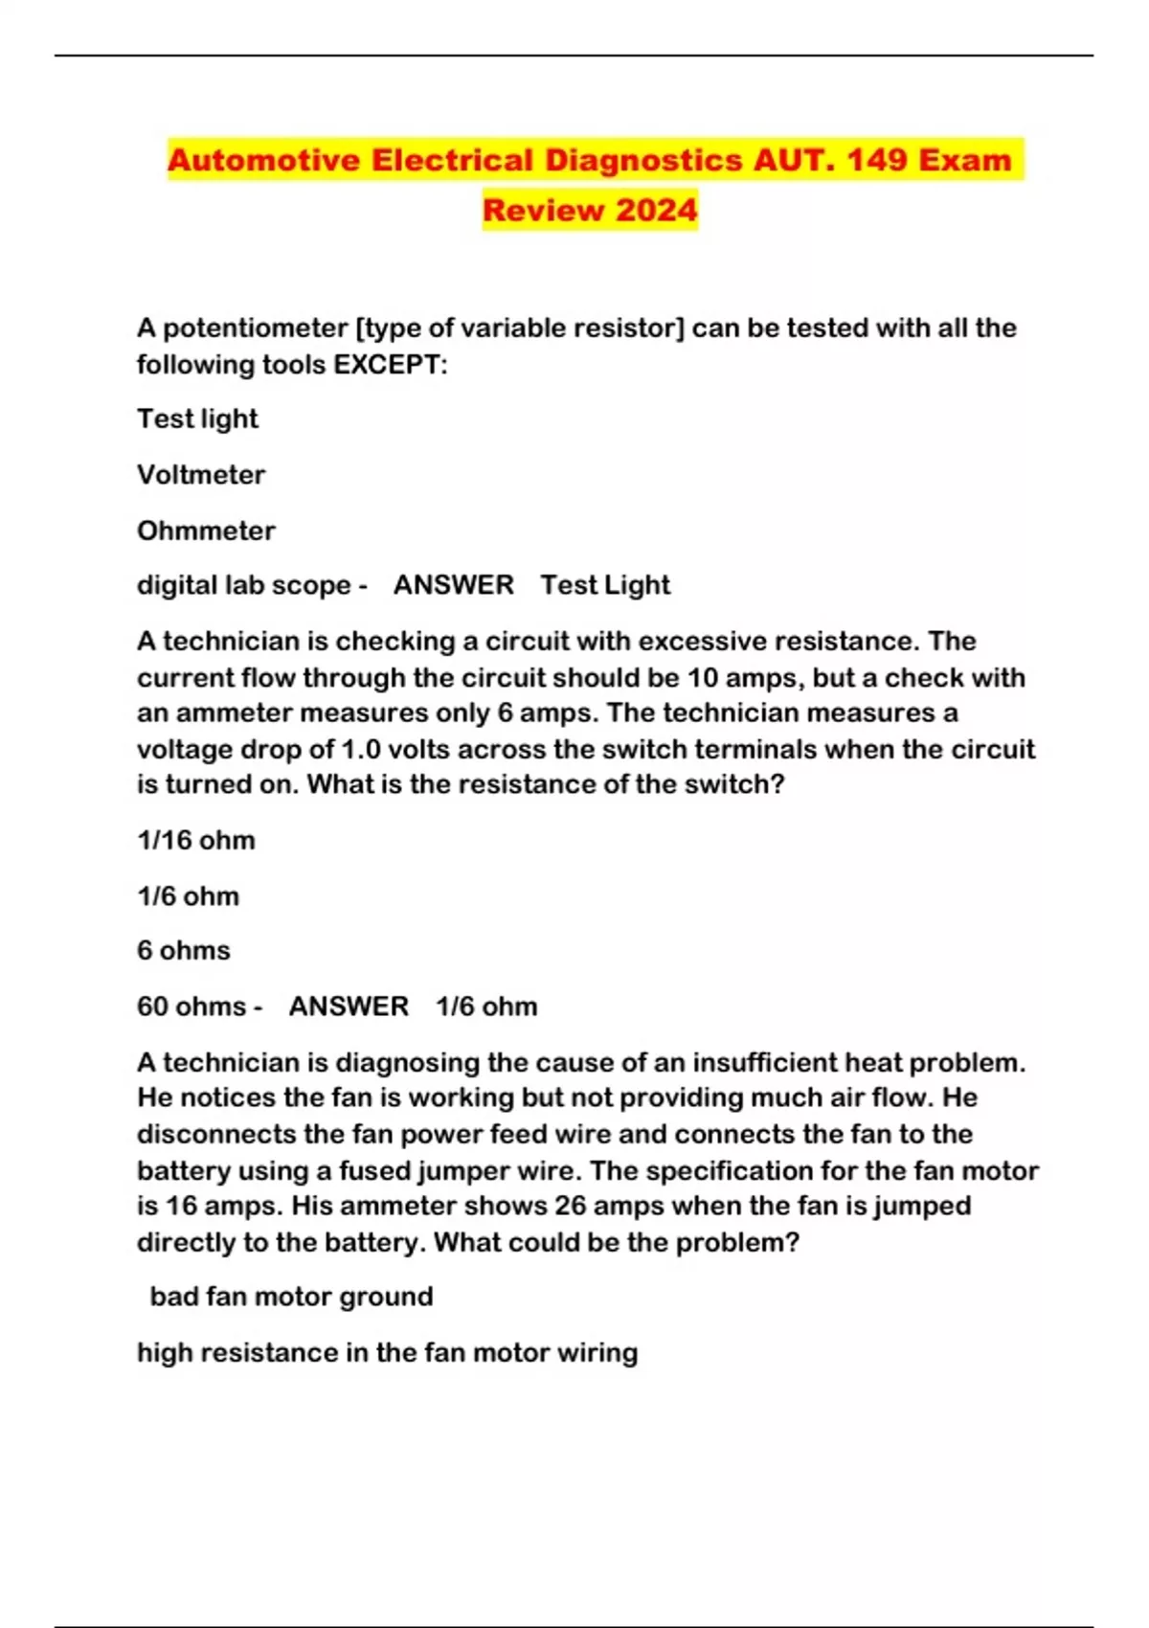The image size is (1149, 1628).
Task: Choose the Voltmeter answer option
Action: tap(201, 475)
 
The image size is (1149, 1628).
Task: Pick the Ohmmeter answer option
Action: tap(206, 531)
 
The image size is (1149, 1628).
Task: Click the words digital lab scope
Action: tap(243, 585)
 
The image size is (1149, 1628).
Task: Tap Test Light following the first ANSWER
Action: tap(605, 585)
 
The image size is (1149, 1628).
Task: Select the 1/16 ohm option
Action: tap(196, 841)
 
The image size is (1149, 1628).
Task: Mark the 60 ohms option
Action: tap(191, 1006)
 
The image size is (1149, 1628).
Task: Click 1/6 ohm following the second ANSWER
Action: tap(486, 1006)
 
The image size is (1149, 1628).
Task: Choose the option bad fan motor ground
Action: tap(291, 1297)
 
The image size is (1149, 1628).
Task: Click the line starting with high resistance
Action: tap(387, 1352)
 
